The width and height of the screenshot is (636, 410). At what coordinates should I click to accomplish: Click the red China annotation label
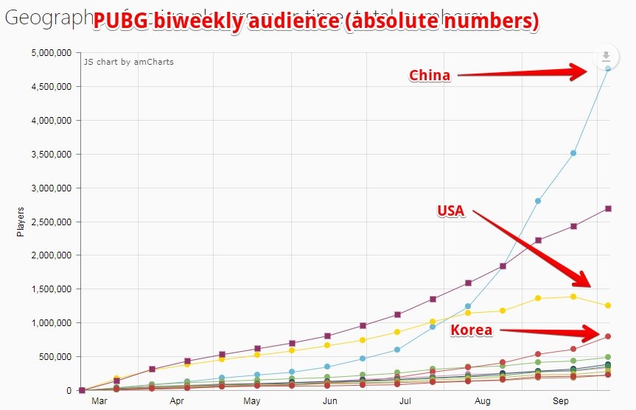point(430,75)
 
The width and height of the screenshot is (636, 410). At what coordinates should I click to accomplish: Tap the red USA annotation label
point(450,211)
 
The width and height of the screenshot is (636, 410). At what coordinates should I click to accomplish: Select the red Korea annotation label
point(471,330)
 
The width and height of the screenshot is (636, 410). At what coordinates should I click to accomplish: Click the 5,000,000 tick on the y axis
point(51,53)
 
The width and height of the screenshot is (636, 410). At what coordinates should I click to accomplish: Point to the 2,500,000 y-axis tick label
point(51,222)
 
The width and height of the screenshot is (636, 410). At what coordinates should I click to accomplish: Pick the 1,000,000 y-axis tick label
point(51,323)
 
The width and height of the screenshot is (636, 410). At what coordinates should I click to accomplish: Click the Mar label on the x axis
point(99,402)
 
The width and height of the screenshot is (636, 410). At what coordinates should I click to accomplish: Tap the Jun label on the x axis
point(330,402)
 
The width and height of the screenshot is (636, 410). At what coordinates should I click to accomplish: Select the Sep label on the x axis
point(562,402)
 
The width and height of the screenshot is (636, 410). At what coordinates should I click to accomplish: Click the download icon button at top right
point(606,57)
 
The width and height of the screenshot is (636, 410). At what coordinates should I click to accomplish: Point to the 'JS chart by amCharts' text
point(128,62)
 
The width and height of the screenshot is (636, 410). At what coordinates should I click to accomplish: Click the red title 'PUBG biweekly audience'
point(315,23)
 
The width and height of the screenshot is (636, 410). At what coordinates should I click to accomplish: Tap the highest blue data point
point(608,68)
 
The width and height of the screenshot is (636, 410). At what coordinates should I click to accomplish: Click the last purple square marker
point(608,208)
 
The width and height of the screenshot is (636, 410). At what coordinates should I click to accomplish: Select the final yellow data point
point(608,305)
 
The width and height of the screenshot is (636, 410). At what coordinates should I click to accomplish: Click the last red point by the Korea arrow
point(608,336)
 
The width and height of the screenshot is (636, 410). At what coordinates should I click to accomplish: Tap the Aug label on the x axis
point(483,402)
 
